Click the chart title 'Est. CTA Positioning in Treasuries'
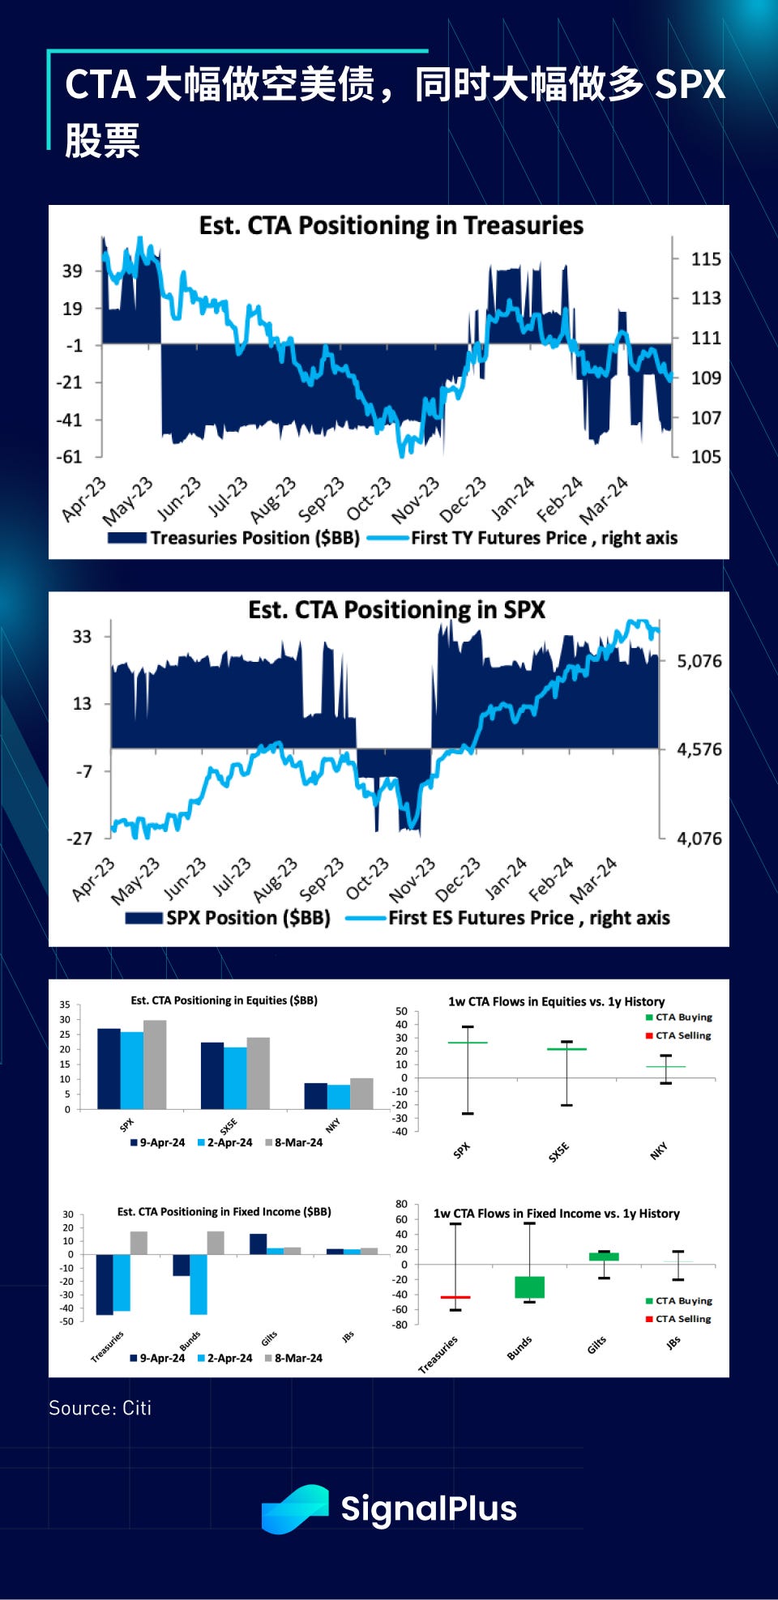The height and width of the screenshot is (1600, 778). [391, 225]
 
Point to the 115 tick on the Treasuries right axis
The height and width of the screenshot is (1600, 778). [705, 259]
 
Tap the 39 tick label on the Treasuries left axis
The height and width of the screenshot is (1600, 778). [72, 271]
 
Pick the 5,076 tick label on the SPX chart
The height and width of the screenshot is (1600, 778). [699, 661]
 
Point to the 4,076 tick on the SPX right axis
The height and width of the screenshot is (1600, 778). [699, 838]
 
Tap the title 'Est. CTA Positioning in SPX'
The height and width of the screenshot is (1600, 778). [396, 609]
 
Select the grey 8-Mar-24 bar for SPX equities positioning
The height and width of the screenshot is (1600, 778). [155, 1065]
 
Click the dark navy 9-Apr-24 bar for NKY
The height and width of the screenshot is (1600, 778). [315, 1095]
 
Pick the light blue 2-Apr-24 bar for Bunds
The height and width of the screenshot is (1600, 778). [199, 1284]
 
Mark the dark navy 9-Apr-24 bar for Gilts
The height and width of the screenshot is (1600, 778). [258, 1244]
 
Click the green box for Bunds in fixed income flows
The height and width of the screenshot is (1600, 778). [529, 1287]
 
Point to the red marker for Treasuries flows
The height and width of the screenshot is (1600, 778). [455, 1297]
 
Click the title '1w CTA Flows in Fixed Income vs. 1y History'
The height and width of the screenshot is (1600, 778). [556, 1214]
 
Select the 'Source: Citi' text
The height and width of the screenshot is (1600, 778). [100, 1408]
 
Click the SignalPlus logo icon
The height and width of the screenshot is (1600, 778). [294, 1508]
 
